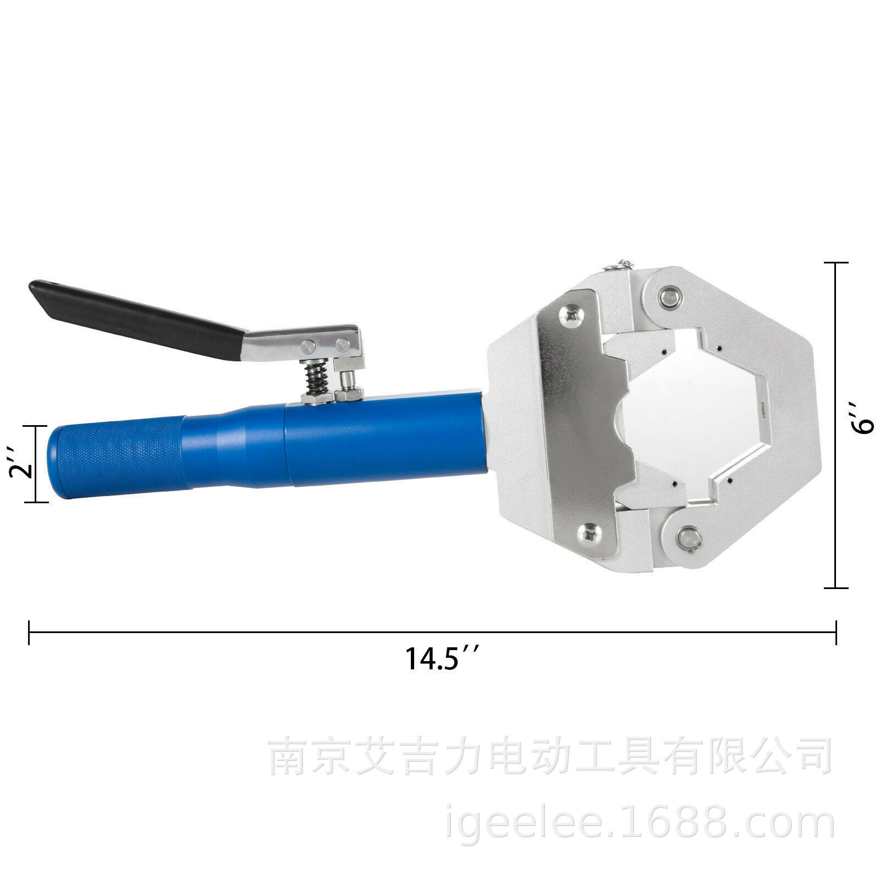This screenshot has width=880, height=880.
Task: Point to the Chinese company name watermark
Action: [x=550, y=757]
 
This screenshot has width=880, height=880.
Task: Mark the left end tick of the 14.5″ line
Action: [x=29, y=632]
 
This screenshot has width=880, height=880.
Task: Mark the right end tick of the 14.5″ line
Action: [x=835, y=632]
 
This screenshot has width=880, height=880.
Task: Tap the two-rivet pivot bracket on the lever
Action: [x=324, y=345]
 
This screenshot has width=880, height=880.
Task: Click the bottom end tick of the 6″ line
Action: [x=835, y=587]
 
